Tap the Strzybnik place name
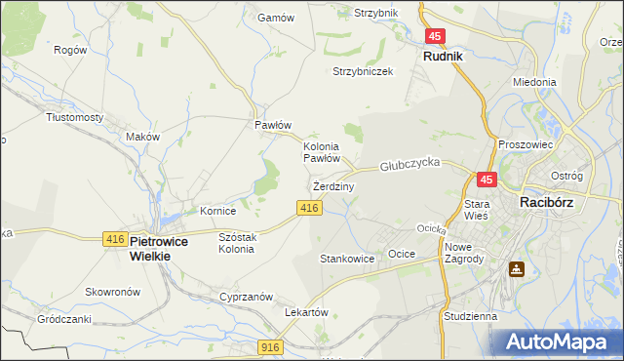coord(376,13)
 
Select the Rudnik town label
coord(442,57)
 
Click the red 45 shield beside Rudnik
coord(435,36)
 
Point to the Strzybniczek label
coord(362,72)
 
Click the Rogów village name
coord(70,50)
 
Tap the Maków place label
coord(142,138)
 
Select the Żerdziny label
coord(333,185)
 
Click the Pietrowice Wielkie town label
coord(150,248)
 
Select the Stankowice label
coord(347,260)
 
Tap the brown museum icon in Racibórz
coord(515,269)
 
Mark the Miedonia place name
coord(534,83)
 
